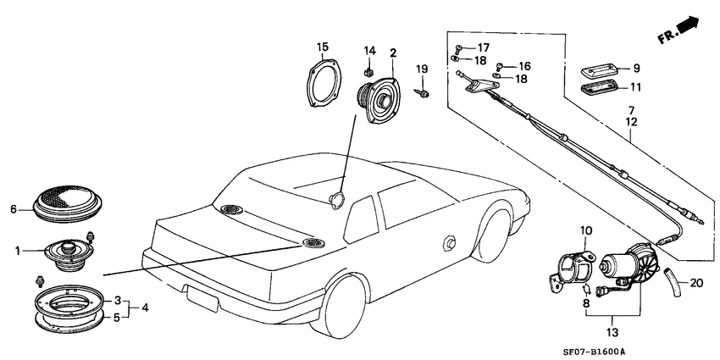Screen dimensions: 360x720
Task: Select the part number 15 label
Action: (322, 46)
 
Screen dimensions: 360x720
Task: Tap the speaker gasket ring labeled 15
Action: (325, 83)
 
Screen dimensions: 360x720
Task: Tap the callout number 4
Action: (144, 307)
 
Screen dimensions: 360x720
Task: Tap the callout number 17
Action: (483, 47)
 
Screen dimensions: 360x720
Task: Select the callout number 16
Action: (524, 65)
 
